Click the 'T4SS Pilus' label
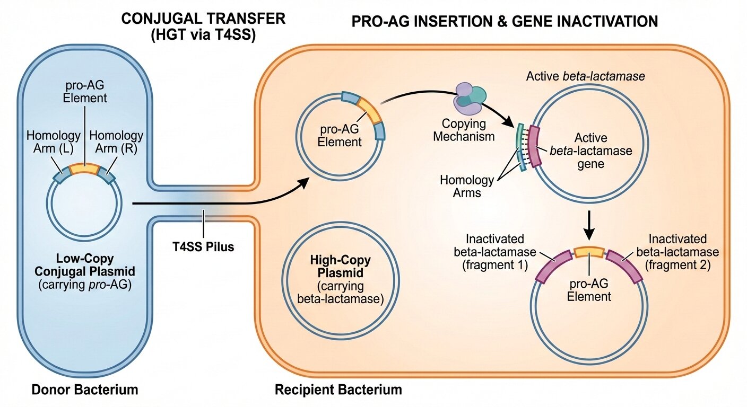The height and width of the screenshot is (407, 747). (x=204, y=246)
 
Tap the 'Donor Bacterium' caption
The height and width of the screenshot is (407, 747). (x=85, y=390)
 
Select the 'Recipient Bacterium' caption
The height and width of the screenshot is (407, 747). (x=338, y=390)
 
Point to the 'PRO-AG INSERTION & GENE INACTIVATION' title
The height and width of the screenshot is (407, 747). (x=505, y=21)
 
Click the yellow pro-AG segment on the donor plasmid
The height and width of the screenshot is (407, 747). (x=84, y=169)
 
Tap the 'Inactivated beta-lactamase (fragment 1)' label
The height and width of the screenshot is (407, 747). (x=490, y=252)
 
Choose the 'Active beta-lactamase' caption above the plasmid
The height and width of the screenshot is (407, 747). (x=585, y=76)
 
